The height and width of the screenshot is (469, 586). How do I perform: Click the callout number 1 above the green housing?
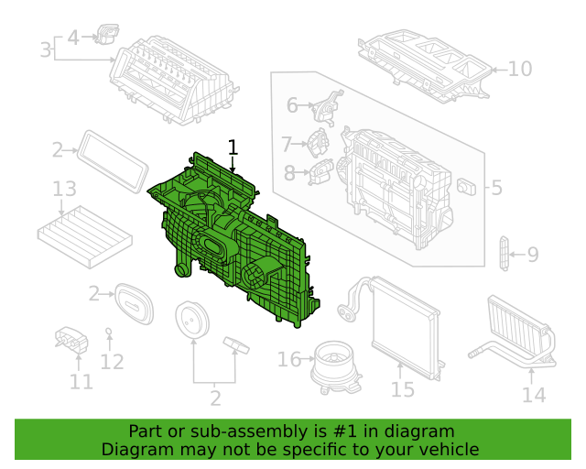233,147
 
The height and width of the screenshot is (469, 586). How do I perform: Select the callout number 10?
520,70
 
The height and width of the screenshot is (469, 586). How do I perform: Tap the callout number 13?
64,189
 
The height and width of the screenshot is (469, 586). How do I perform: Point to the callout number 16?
289,359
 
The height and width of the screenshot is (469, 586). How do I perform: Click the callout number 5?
496,188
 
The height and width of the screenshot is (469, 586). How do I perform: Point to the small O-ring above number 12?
109,331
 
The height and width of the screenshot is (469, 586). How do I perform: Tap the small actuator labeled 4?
107,34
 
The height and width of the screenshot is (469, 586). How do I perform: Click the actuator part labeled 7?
318,143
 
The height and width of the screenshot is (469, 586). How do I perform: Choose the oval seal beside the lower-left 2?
134,303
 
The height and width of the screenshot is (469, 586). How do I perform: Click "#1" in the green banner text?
344,431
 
